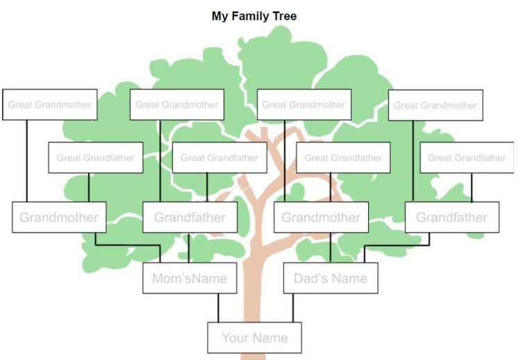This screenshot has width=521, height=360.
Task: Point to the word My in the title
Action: pyautogui.click(x=220, y=16)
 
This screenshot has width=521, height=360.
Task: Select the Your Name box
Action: pyautogui.click(x=254, y=337)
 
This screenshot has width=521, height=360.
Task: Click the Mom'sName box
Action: pyautogui.click(x=190, y=278)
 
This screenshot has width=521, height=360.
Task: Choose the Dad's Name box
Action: pyautogui.click(x=331, y=278)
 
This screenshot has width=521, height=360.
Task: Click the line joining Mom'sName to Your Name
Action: pyautogui.click(x=218, y=308)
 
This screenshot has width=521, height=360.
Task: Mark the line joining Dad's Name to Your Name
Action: pyautogui.click(x=293, y=308)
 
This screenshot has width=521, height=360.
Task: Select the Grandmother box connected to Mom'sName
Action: pyautogui.click(x=59, y=217)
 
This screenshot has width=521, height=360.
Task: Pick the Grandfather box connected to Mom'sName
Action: pyautogui.click(x=190, y=217)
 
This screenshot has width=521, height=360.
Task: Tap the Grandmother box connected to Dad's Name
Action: pyautogui.click(x=322, y=217)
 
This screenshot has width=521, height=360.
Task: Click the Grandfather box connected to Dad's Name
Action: pyautogui.click(x=452, y=217)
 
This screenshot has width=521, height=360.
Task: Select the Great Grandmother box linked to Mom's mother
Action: pyautogui.click(x=50, y=104)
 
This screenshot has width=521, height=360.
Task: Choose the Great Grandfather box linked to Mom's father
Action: pyautogui.click(x=220, y=158)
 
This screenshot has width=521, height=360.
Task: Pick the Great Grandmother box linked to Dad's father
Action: pyautogui.click(x=436, y=105)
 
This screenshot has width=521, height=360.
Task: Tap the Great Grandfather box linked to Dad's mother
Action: pyautogui.click(x=343, y=158)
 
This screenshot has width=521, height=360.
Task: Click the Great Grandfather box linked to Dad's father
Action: pyautogui.click(x=467, y=158)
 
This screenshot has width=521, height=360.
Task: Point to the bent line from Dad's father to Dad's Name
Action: pyautogui.click(x=397, y=245)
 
